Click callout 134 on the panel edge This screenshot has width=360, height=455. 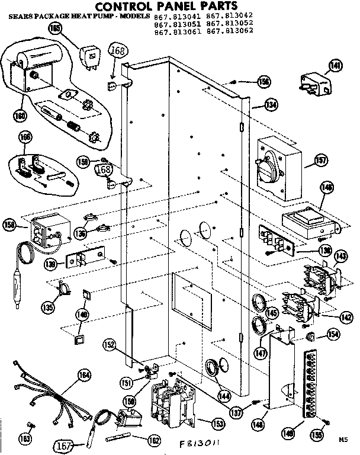(271, 105)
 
